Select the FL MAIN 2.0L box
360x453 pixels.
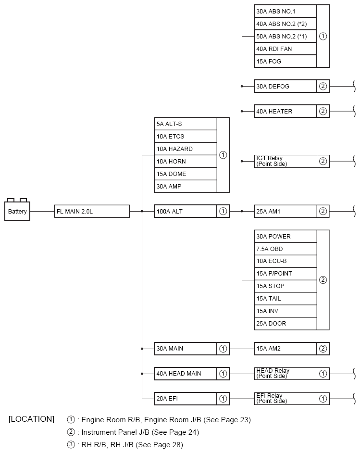coord(92,211)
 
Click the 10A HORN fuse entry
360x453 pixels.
coord(186,161)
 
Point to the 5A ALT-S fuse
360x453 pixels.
coord(186,124)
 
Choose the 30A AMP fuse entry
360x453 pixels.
coord(186,186)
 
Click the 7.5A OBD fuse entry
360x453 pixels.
coord(285,249)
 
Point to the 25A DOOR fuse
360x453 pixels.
coord(285,323)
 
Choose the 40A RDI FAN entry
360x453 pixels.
coord(285,49)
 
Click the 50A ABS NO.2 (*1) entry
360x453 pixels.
coord(285,36)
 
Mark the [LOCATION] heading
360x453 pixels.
coord(31,419)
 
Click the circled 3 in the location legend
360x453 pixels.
coord(71,444)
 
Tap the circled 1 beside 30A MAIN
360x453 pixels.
coord(223,349)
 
